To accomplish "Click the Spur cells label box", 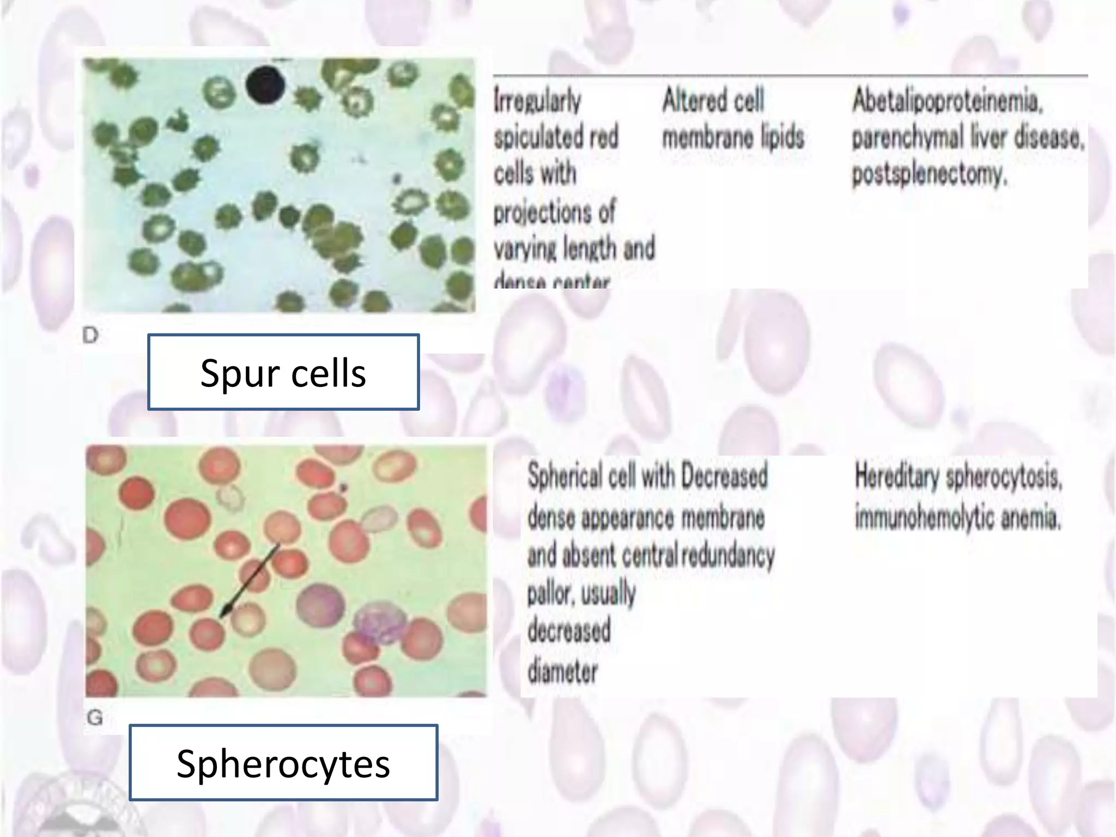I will click(x=283, y=372).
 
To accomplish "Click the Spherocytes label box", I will click(x=283, y=762).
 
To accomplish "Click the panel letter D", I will click(x=90, y=335).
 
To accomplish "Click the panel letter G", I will click(x=95, y=717).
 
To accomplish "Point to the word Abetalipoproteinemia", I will click(x=947, y=101).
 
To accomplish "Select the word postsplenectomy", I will click(x=929, y=174).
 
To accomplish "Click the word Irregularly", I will click(x=537, y=102).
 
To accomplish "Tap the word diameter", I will click(x=562, y=671).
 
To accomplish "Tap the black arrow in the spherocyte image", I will click(x=250, y=580).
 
